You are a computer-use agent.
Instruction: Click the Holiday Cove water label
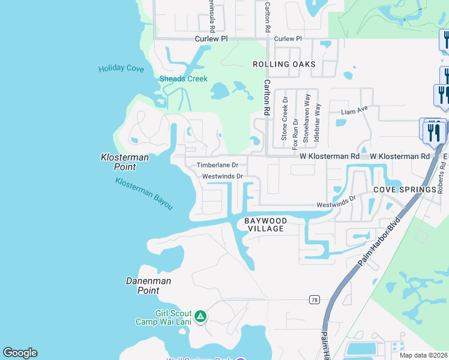(121, 68)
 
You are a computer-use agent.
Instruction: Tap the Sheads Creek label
(183, 79)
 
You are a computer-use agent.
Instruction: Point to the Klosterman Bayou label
(144, 194)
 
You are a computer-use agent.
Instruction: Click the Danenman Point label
(148, 286)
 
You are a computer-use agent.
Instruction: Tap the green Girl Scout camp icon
(200, 316)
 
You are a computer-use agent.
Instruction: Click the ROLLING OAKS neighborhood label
(284, 64)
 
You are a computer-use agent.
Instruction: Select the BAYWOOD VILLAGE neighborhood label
(265, 225)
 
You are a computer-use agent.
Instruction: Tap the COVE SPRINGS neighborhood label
(405, 190)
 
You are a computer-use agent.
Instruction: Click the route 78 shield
(314, 299)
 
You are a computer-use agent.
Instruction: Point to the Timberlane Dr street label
(217, 165)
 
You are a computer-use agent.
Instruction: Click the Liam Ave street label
(353, 112)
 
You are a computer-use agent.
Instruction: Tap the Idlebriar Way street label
(318, 122)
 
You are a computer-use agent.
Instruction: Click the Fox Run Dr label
(295, 134)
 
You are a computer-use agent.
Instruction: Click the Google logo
(20, 353)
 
